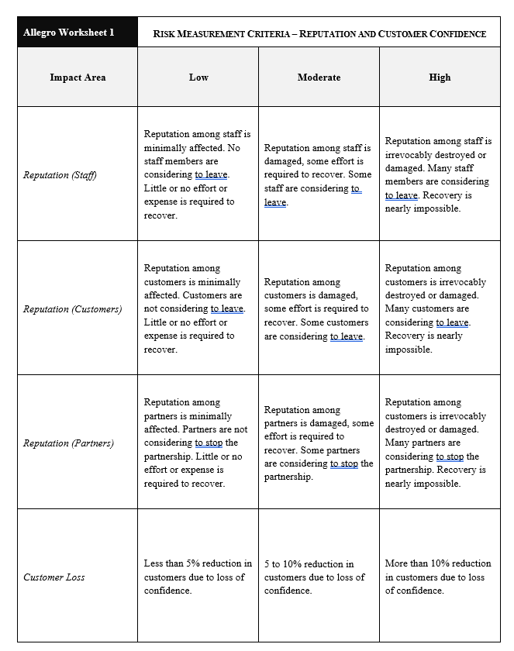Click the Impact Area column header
(78, 77)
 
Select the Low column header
(198, 77)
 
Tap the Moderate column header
(319, 77)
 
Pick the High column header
(440, 77)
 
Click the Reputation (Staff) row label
(60, 175)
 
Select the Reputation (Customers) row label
(72, 309)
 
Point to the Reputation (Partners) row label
(68, 443)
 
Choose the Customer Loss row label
(54, 577)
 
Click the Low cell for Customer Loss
(198, 577)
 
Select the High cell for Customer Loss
(438, 577)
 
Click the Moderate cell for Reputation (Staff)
(318, 174)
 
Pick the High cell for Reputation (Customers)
(438, 308)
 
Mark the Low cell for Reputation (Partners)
(197, 443)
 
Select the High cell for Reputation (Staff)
(438, 174)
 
